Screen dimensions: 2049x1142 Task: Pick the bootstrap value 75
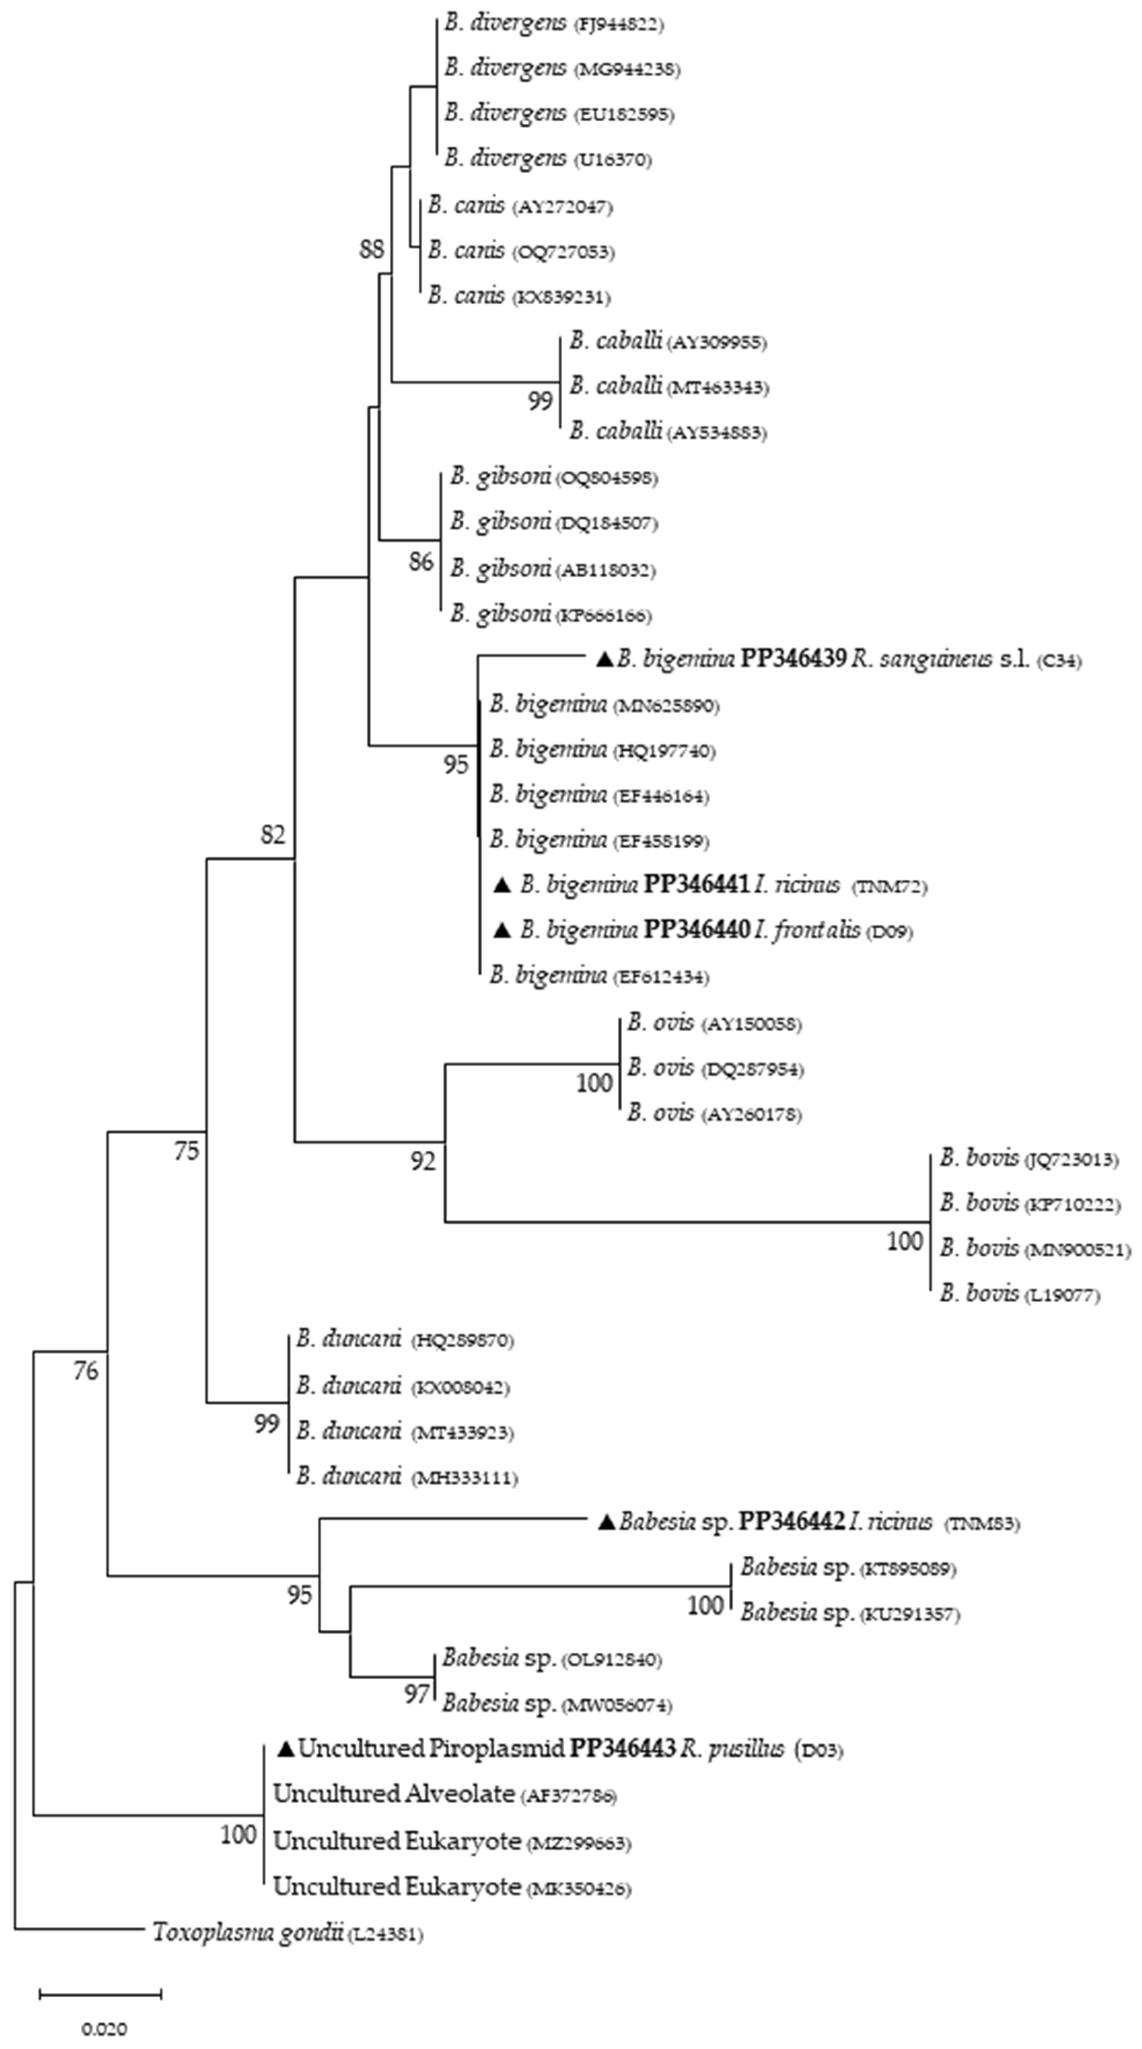click(187, 1151)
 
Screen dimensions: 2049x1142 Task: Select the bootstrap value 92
click(423, 1162)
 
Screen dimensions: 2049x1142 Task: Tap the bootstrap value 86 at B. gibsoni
click(421, 562)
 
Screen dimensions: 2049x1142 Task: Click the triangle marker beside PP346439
click(605, 659)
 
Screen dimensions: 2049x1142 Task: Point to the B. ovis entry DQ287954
click(715, 1068)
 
